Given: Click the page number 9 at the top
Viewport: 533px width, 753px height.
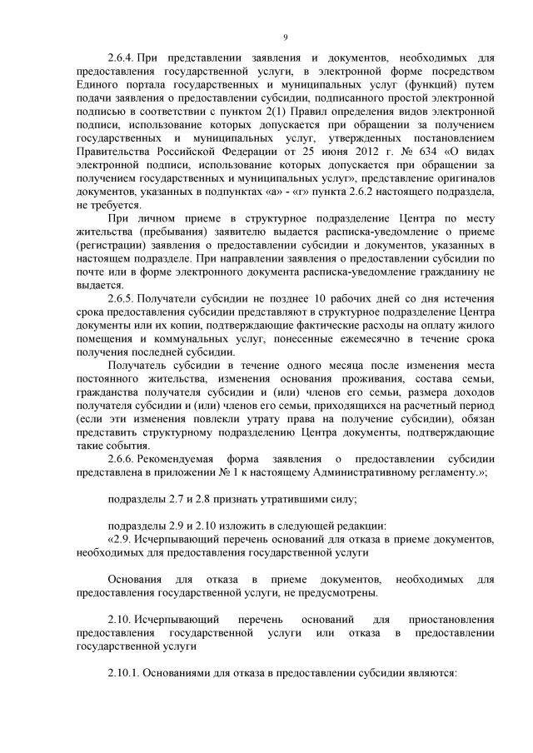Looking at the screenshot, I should coord(285,38).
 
